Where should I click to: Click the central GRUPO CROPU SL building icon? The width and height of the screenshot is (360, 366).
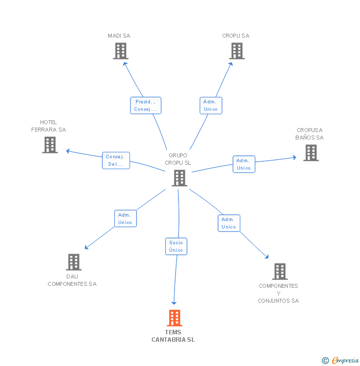179,178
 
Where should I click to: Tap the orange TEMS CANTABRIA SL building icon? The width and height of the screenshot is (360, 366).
175,318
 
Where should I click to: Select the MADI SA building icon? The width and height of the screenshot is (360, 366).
120,51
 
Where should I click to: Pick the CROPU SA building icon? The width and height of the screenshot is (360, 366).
237,51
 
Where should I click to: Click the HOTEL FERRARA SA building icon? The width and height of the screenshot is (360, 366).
50,145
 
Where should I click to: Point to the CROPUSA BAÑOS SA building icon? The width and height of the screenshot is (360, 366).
311,153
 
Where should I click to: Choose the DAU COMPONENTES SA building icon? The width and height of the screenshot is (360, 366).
73,262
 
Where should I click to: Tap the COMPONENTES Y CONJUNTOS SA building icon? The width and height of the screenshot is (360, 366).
279,272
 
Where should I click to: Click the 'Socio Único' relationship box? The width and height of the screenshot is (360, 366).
176,246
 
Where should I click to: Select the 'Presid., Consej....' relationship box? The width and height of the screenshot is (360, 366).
145,105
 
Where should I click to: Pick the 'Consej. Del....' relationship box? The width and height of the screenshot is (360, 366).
116,160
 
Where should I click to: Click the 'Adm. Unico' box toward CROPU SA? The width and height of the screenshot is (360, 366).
211,105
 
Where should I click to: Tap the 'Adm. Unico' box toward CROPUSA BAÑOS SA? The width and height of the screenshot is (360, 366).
243,164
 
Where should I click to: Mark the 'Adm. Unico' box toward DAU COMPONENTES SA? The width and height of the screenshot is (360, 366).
125,219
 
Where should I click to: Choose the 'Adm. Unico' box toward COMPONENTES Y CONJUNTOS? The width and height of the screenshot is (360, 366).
228,223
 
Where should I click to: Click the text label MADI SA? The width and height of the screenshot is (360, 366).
119,36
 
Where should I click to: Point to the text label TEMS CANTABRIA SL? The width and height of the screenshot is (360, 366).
173,336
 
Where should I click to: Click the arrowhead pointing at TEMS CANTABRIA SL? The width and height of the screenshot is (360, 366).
174,302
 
